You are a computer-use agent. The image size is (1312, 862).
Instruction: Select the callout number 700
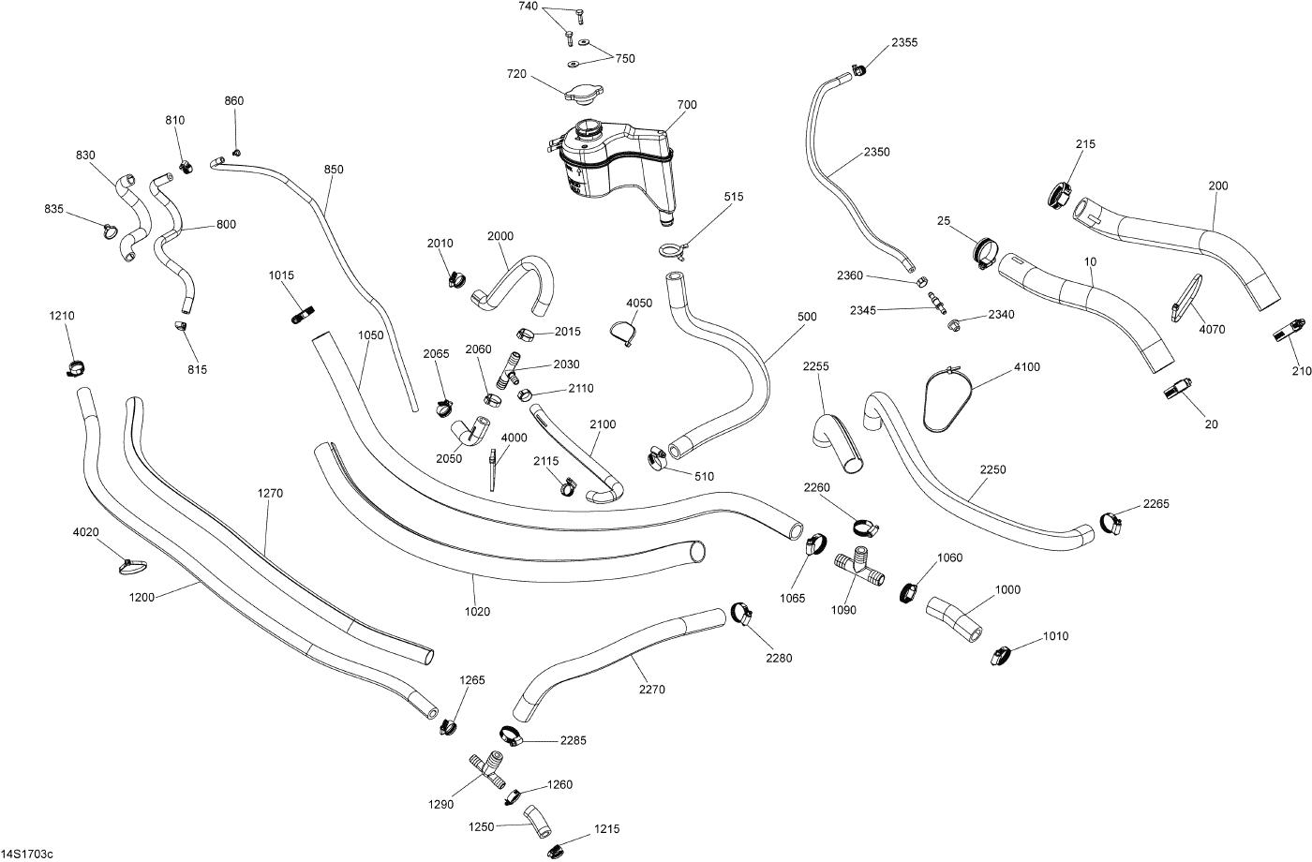click(x=687, y=105)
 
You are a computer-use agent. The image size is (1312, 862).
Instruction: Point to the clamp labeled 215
click(x=1061, y=195)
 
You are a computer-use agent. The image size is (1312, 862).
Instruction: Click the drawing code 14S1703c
click(x=28, y=854)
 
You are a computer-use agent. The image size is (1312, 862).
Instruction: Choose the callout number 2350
click(x=876, y=152)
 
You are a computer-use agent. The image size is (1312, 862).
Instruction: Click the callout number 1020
click(x=477, y=612)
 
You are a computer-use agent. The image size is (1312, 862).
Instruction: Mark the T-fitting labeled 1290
click(x=487, y=768)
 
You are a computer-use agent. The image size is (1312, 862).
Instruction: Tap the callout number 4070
click(x=1212, y=330)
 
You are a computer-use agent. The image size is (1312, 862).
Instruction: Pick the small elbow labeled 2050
click(x=468, y=432)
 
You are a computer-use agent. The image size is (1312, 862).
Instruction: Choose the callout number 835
click(x=54, y=209)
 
